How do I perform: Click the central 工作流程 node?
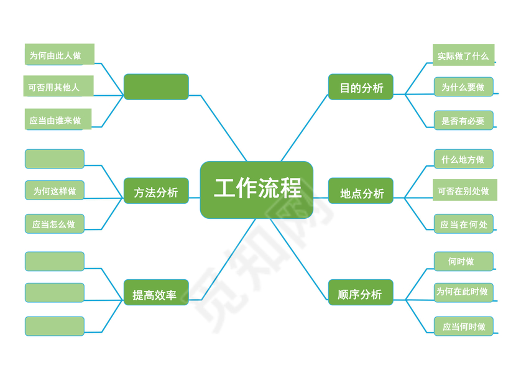point(257,190)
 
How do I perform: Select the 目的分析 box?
point(361,87)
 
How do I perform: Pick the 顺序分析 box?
point(361,293)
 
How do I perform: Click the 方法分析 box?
point(156,192)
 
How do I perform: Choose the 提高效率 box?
point(156,293)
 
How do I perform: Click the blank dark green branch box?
point(156,87)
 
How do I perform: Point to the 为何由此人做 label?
point(59,55)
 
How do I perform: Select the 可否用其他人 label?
point(58,86)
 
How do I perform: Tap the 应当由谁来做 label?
point(58,119)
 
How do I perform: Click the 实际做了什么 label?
point(463,55)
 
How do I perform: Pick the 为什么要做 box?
point(463,87)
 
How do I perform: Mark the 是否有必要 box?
point(463,120)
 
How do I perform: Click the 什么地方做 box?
point(463,159)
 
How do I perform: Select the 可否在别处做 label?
point(464,190)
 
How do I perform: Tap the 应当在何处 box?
point(463,224)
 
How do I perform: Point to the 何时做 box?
point(463,261)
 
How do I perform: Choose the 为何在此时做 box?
point(463,292)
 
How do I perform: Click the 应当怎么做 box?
point(55,223)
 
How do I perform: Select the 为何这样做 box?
point(55,190)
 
